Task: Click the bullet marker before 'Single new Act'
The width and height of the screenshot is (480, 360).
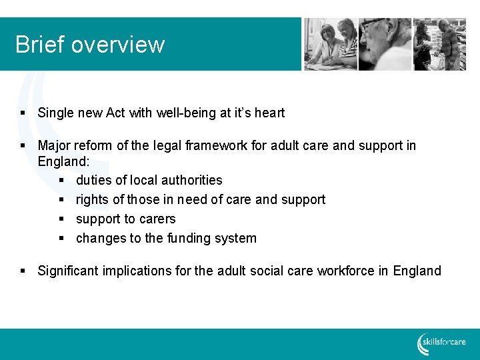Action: [x=23, y=113]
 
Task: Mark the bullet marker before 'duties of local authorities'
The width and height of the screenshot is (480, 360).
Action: [x=61, y=181]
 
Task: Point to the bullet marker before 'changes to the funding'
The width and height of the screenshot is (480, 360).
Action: [x=61, y=239]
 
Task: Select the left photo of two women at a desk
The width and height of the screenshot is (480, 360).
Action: [x=331, y=44]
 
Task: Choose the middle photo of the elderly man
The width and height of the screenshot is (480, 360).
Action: [x=385, y=44]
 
